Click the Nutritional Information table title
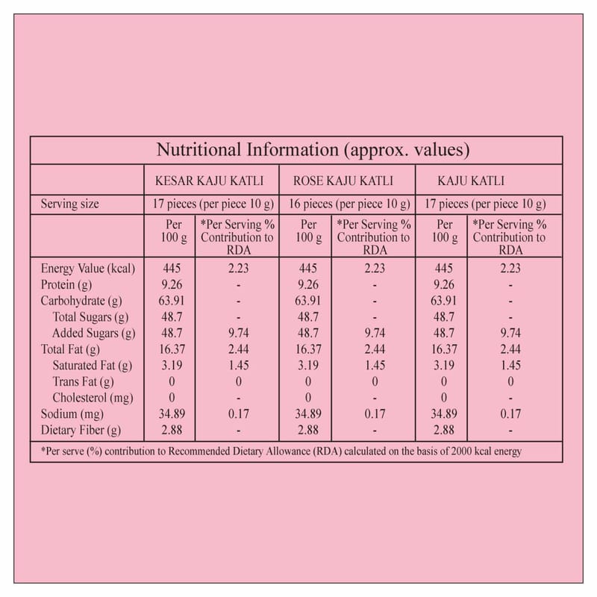coord(312,150)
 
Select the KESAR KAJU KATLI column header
coord(209,181)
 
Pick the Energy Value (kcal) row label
coord(88,269)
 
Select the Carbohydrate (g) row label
coord(81,301)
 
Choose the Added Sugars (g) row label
coord(94,334)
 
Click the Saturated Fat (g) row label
coord(93,366)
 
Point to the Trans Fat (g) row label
coord(81,382)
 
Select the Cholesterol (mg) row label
coord(93,398)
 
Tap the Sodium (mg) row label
coord(73,414)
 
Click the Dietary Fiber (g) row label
coord(81,431)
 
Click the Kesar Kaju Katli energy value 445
coord(172,269)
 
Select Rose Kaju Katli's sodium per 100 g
coord(307,414)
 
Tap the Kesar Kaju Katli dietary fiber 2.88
coord(172,431)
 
